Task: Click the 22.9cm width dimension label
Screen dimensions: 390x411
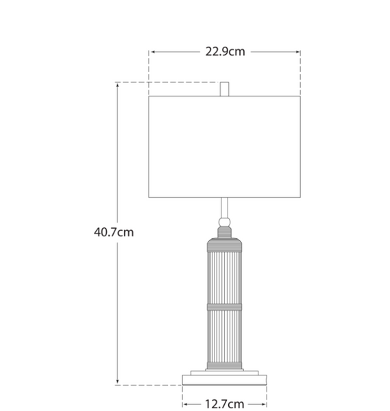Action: pos(225,51)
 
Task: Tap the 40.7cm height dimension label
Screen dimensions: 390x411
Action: pos(114,232)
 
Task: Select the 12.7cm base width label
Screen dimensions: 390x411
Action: pos(225,404)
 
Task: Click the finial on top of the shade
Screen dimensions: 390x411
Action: pos(225,89)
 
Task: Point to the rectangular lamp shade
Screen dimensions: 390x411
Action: pos(225,147)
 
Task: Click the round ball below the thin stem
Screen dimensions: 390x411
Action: pos(225,223)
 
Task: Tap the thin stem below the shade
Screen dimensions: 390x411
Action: pos(225,208)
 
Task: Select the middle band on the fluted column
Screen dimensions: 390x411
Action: pos(225,307)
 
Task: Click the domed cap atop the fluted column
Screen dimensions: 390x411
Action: pos(225,245)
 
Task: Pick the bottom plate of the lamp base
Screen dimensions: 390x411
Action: pos(225,380)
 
